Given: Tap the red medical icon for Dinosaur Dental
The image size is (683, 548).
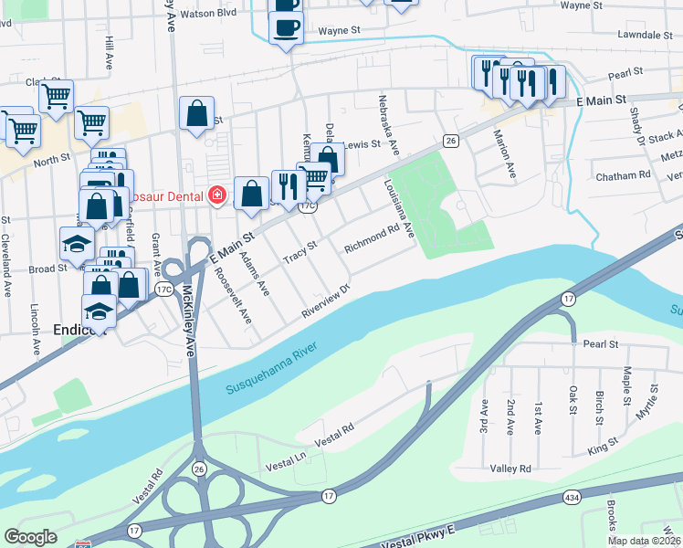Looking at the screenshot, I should click(217, 195).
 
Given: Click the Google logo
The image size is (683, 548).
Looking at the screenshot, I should click(31, 536).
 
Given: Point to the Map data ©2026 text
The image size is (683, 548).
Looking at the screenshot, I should click(644, 541).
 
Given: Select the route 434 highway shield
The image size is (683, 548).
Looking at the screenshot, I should click(572, 497).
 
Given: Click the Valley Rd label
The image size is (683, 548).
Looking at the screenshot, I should click(510, 469).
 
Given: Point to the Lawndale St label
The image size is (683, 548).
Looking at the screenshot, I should click(645, 35).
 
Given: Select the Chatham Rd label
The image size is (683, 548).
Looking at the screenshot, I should click(622, 174).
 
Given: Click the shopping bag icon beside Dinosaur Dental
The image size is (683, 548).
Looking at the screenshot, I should click(251, 194).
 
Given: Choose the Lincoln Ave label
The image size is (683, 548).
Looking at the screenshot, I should click(35, 329).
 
